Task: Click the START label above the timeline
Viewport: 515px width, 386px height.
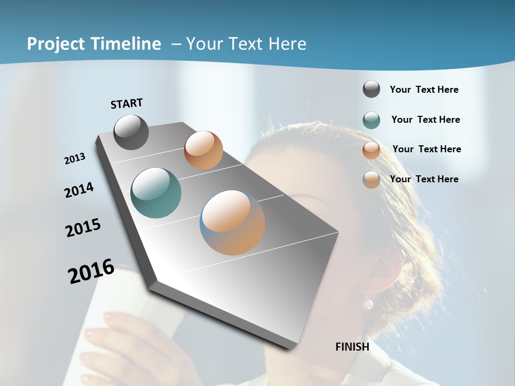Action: (x=127, y=103)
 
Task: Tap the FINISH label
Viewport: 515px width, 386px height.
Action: (x=352, y=347)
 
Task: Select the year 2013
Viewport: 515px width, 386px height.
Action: (x=75, y=159)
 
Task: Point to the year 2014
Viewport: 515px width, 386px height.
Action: (x=79, y=190)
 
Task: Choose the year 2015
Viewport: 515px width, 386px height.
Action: (x=83, y=228)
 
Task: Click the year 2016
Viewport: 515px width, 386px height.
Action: (x=91, y=271)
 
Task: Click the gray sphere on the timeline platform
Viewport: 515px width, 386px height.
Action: (x=131, y=132)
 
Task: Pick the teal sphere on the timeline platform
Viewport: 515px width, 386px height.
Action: (x=156, y=193)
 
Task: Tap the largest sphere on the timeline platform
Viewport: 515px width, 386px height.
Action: (x=232, y=222)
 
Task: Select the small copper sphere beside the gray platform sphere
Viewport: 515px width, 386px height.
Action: (x=203, y=150)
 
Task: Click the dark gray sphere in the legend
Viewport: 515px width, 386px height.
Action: (x=371, y=90)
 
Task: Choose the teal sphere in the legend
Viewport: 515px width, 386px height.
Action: (x=371, y=120)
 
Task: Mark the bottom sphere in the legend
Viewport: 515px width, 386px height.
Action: (x=371, y=180)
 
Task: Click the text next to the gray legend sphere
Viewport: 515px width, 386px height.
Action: (x=424, y=90)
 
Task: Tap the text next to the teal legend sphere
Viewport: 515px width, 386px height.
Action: (x=425, y=120)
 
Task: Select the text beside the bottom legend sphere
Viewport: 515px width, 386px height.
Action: (x=424, y=179)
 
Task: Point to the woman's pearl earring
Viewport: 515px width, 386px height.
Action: (x=368, y=305)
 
